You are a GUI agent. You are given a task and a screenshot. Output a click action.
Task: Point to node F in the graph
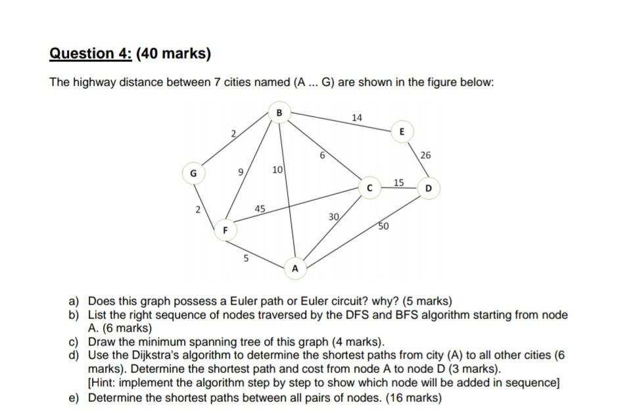(x=225, y=231)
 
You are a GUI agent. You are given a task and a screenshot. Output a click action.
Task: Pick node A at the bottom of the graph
(x=295, y=268)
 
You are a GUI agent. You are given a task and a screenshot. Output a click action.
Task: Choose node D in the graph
(x=428, y=189)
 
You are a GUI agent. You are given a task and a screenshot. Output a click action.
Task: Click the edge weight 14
(x=357, y=118)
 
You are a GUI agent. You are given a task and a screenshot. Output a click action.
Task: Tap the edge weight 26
(x=425, y=156)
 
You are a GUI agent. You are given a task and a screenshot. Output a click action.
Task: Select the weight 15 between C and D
(x=399, y=182)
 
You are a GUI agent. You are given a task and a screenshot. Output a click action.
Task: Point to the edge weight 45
(x=260, y=209)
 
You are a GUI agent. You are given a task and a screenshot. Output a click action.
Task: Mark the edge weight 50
(x=383, y=227)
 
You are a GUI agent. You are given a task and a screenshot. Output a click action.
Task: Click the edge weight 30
(x=334, y=216)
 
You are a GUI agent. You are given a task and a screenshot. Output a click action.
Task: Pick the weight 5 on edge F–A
(x=246, y=259)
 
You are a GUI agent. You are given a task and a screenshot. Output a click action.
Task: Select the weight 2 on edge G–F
(x=197, y=210)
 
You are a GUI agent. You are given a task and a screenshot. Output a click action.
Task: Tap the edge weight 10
(x=277, y=170)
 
